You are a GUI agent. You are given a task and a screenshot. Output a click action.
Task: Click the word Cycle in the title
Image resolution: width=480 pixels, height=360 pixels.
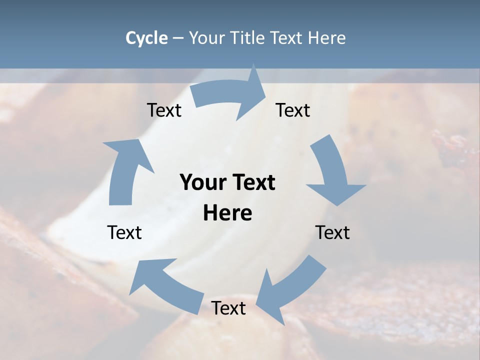click(x=146, y=38)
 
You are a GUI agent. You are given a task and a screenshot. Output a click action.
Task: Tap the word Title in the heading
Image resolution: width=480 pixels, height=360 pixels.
click(x=248, y=38)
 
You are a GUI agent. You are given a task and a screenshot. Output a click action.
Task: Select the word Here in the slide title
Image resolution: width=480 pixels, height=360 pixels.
click(x=327, y=38)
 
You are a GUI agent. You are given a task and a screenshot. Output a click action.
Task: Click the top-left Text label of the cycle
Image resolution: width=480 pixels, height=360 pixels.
click(x=164, y=110)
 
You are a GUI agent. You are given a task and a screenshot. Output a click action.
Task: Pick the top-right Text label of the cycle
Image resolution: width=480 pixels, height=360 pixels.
click(x=293, y=110)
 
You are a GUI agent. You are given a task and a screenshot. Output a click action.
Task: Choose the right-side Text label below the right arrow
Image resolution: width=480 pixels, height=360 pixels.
click(x=332, y=232)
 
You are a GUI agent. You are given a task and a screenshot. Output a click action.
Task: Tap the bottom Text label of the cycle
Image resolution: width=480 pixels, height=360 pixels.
click(x=228, y=308)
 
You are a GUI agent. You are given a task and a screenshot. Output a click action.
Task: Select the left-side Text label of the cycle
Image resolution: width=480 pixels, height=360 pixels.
click(x=124, y=232)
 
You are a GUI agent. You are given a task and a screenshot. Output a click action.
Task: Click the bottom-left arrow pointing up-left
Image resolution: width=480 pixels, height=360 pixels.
click(x=165, y=282)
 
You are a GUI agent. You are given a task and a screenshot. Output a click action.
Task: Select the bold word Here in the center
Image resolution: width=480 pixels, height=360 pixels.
click(x=227, y=213)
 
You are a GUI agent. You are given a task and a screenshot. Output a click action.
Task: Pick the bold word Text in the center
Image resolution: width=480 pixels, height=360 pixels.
click(x=253, y=182)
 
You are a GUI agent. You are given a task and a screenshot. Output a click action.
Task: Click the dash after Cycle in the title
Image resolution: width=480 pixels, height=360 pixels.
click(x=178, y=38)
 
